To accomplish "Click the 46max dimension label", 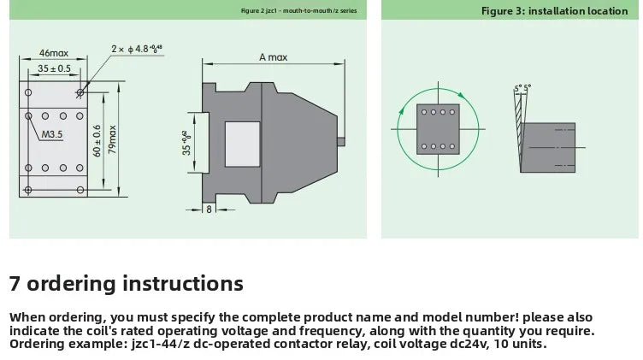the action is tap(54, 53).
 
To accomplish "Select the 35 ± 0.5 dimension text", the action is tap(54, 68).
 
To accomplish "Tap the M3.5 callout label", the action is tap(52, 134).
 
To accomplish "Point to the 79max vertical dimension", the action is tap(112, 139).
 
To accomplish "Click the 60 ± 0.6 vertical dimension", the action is tap(97, 140).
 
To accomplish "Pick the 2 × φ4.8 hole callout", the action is tap(137, 50).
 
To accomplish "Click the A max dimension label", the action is tap(273, 57).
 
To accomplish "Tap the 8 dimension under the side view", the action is tap(209, 210).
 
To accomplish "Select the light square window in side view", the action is tap(242, 144).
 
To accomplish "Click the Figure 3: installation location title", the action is tap(554, 11).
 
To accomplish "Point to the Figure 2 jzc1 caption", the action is tap(299, 11).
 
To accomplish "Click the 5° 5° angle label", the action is tap(522, 88).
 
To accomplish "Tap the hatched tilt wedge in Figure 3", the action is tap(519, 131).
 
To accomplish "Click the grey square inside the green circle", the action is tap(438, 129).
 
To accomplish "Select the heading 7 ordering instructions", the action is tap(127, 283).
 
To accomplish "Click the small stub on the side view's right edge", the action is tap(341, 142).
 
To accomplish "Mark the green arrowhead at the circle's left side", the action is tap(401, 111).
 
